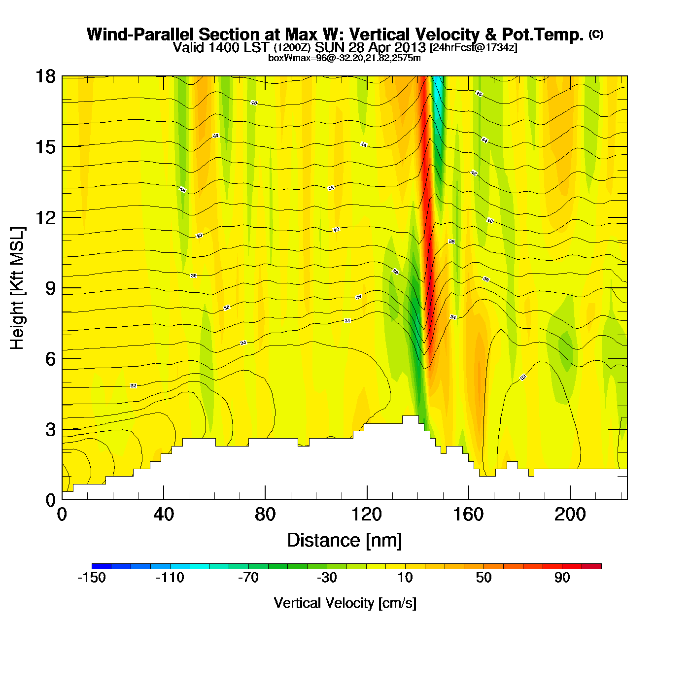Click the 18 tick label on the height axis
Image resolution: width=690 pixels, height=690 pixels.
[45, 76]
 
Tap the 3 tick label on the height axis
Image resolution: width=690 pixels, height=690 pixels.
[50, 430]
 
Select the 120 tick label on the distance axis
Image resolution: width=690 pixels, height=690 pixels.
[367, 515]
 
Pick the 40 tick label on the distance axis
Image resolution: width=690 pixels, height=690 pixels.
[164, 515]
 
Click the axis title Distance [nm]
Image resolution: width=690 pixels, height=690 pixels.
[345, 541]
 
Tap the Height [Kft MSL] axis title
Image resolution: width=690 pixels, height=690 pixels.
[17, 288]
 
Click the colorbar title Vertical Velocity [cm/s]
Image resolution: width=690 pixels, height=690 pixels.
[345, 603]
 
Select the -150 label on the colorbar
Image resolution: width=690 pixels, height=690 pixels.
[92, 578]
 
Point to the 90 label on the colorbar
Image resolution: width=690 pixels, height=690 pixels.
[562, 578]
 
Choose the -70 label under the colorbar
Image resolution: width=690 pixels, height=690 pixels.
[248, 578]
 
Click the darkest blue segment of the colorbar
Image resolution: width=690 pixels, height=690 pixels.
[102, 566]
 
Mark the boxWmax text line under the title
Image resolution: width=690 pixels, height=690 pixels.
[345, 58]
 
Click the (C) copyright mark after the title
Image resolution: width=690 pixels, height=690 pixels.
[596, 34]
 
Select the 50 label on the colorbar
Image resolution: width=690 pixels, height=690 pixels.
[483, 578]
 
